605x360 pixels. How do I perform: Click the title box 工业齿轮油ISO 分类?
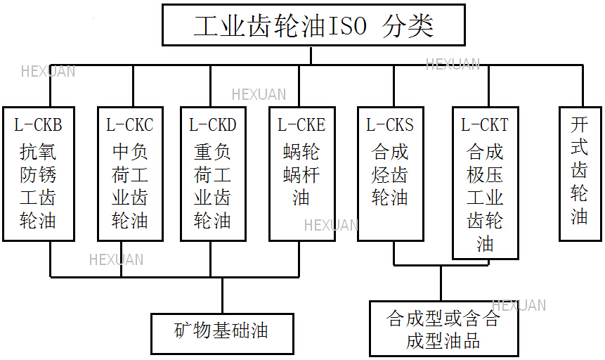click(x=313, y=26)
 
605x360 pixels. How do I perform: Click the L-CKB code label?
click(x=39, y=125)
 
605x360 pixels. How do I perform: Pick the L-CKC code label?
click(x=130, y=125)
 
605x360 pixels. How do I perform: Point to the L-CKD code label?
click(x=213, y=125)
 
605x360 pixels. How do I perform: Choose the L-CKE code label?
click(x=301, y=125)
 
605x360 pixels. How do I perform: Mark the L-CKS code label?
click(x=390, y=125)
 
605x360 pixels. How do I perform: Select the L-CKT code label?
click(x=485, y=125)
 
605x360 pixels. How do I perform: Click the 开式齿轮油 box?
click(x=579, y=173)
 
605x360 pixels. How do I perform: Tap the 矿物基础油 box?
click(x=222, y=330)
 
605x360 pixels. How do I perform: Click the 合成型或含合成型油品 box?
click(x=443, y=329)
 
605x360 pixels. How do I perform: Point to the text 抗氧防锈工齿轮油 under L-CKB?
click(x=39, y=186)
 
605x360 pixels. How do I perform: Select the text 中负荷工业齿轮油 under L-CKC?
click(x=130, y=186)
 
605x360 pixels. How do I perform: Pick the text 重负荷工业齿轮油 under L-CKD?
click(x=213, y=186)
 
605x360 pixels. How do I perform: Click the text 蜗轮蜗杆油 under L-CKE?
click(x=301, y=174)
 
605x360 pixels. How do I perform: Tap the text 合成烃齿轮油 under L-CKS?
click(x=390, y=174)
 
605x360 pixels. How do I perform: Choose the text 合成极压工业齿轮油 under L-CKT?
click(x=485, y=197)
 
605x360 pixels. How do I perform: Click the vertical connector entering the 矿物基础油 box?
click(x=222, y=295)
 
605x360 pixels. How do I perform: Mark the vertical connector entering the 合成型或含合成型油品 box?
click(x=441, y=283)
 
